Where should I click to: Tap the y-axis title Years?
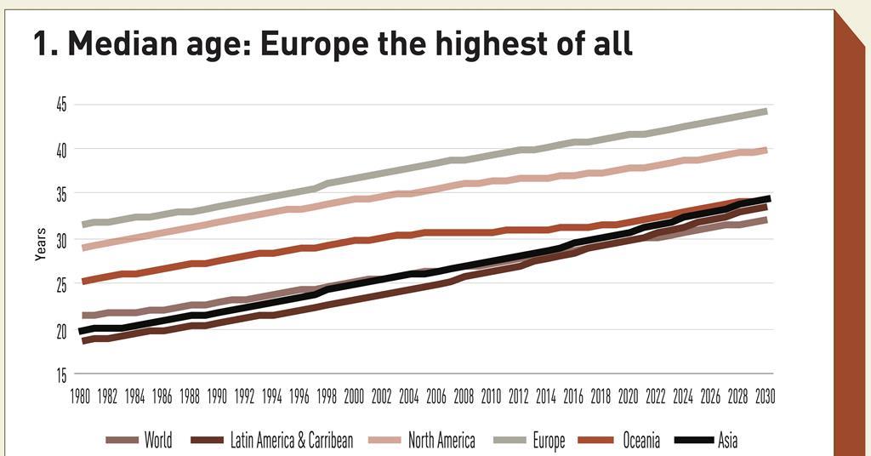(x=41, y=242)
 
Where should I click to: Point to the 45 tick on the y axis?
(x=61, y=104)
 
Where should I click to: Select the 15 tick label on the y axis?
(x=61, y=374)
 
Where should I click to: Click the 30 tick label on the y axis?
(x=61, y=240)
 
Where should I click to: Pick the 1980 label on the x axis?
(x=82, y=396)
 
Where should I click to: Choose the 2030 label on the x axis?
(x=765, y=396)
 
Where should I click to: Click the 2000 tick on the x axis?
(x=355, y=396)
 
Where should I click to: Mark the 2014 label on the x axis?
(x=546, y=396)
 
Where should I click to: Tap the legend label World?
(x=157, y=440)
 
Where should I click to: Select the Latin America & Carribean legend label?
(x=292, y=440)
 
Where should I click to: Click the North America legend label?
(x=441, y=440)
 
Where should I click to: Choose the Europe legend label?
(x=549, y=440)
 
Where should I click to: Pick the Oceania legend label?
(x=640, y=440)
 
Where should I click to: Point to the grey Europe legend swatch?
(x=510, y=440)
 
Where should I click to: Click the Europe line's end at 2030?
(x=766, y=111)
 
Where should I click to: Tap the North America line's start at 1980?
(x=83, y=248)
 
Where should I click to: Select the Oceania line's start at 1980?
(x=83, y=280)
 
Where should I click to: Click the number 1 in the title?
(x=40, y=43)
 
